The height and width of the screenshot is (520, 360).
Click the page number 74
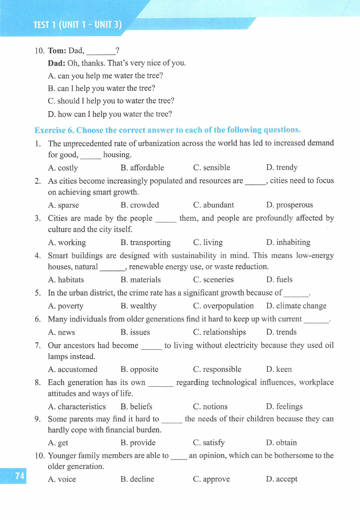pyautogui.click(x=20, y=476)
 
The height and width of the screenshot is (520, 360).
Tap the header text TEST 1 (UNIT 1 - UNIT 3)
pyautogui.click(x=77, y=25)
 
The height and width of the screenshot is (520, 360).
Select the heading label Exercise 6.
pyautogui.click(x=55, y=130)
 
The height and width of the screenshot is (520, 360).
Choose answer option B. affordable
pyautogui.click(x=142, y=168)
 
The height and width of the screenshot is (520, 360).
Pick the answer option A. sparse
pyautogui.click(x=63, y=205)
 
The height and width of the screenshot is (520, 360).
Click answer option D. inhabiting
pyautogui.click(x=288, y=242)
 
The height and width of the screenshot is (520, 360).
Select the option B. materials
pyautogui.click(x=140, y=280)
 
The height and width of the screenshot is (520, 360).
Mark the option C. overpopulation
pyautogui.click(x=223, y=306)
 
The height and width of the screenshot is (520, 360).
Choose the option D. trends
pyautogui.click(x=281, y=332)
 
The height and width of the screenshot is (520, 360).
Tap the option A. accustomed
pyautogui.click(x=73, y=370)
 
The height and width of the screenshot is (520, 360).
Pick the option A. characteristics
pyautogui.click(x=77, y=407)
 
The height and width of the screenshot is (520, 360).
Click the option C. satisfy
pyautogui.click(x=209, y=443)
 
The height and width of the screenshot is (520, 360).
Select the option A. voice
pyautogui.click(x=62, y=480)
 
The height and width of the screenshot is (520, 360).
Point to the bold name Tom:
pyautogui.click(x=57, y=50)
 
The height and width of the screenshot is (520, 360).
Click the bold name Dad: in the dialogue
pyautogui.click(x=56, y=63)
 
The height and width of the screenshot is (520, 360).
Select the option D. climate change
pyautogui.click(x=296, y=306)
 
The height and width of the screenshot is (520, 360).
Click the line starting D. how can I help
pyautogui.click(x=110, y=114)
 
